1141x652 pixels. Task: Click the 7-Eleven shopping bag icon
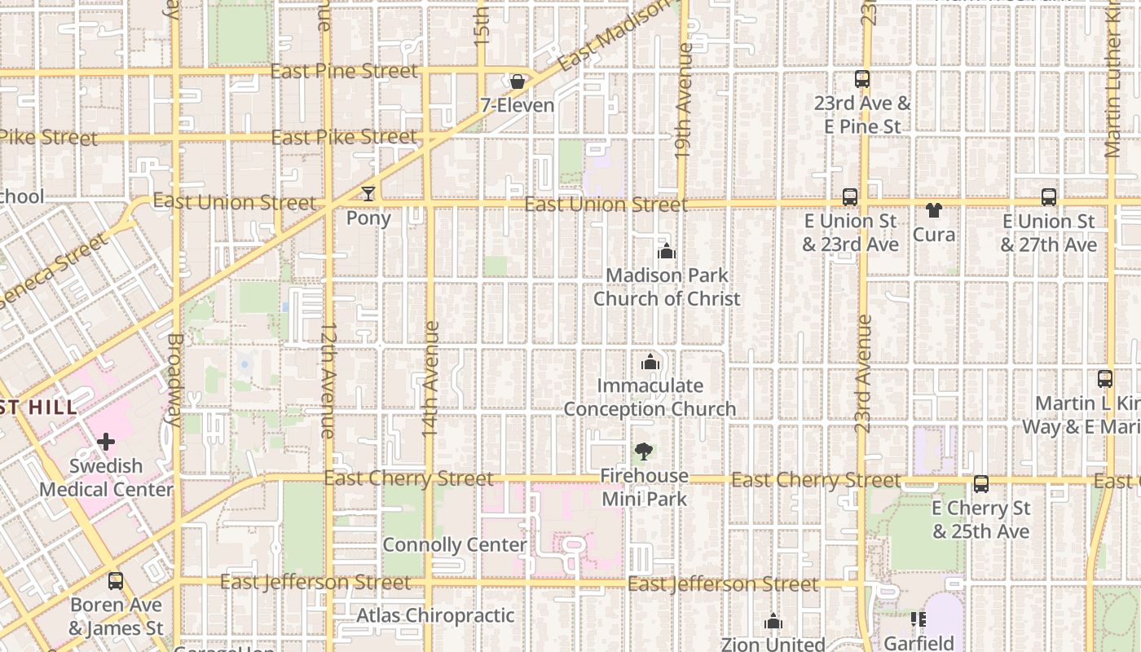coord(517,81)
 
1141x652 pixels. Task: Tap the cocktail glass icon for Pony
coord(368,194)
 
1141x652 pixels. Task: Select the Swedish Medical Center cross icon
coord(106,443)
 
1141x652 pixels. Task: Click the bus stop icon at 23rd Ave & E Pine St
coord(862,79)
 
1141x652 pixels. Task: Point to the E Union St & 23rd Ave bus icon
coord(850,197)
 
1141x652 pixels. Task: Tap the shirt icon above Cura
coord(933,210)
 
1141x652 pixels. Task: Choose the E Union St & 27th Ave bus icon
coord(1049,197)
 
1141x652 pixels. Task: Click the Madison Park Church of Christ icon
coord(667,252)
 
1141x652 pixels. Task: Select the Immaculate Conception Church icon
coord(650,362)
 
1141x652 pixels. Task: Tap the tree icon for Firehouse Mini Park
coord(644,452)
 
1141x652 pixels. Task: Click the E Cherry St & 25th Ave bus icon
coord(981,484)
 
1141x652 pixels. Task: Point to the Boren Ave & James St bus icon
coord(116,581)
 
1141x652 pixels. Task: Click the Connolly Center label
coord(455,544)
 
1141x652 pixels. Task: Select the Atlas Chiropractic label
coord(435,615)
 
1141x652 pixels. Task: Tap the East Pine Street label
coord(344,72)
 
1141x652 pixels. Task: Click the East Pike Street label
coord(344,137)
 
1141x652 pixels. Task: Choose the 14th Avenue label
coord(431,379)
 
